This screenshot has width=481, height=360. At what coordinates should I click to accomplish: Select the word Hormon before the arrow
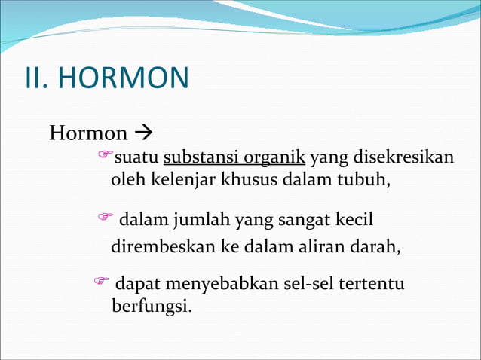coord(88,134)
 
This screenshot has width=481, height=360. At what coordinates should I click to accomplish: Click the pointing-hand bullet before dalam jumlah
coord(106,218)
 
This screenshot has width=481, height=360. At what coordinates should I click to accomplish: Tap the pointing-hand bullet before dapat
coord(100,282)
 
